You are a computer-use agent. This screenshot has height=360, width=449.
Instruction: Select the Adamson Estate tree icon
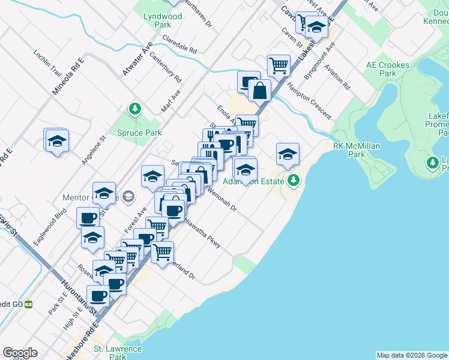click(x=294, y=179)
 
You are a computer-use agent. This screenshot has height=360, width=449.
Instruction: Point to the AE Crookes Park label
click(x=388, y=69)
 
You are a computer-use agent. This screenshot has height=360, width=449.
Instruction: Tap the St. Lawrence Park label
click(x=117, y=353)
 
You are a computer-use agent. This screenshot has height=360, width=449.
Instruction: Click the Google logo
click(x=20, y=353)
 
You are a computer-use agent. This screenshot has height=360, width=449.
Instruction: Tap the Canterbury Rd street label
click(x=166, y=68)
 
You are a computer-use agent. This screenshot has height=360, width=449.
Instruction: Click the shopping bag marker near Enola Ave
click(x=260, y=91)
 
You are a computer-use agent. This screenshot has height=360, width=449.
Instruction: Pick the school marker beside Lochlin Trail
click(x=57, y=141)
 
